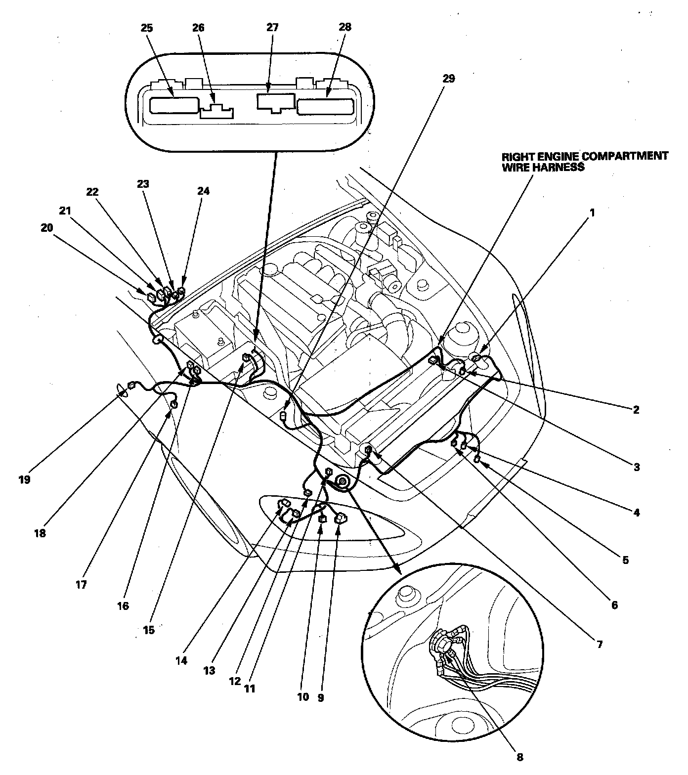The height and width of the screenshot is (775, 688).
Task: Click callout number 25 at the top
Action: [147, 28]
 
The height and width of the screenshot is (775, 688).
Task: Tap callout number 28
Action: [345, 27]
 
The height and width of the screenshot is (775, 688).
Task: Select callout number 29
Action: [448, 79]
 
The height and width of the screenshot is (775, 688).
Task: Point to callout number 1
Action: [592, 213]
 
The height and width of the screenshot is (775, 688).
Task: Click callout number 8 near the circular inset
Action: [519, 757]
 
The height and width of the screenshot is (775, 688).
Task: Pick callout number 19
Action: [25, 479]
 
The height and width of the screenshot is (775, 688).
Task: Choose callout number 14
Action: [181, 660]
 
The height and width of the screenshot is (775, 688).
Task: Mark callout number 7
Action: [600, 645]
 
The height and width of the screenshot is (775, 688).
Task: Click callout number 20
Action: [46, 228]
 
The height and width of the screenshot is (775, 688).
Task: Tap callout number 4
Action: [636, 513]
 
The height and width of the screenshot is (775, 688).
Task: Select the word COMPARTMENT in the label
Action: [625, 156]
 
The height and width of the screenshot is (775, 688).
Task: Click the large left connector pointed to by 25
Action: [173, 105]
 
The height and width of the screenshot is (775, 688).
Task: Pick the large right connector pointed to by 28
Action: [325, 106]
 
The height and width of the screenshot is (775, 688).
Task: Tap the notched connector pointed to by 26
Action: [217, 112]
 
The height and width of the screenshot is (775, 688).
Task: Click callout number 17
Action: [81, 585]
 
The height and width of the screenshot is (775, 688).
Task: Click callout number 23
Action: [143, 184]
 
